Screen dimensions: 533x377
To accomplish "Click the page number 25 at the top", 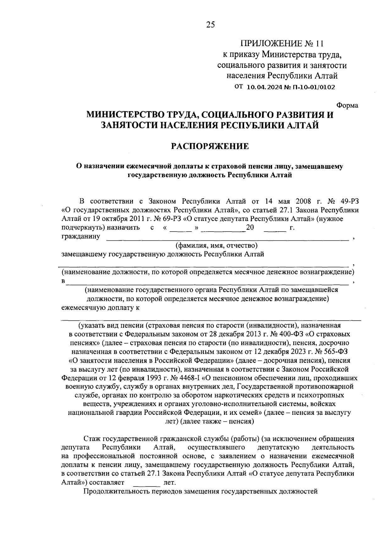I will [210, 25].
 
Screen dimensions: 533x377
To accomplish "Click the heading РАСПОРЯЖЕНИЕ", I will [210, 146].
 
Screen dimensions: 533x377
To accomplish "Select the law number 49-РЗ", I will [348, 201].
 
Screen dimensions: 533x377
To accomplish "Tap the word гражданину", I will [81, 237].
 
